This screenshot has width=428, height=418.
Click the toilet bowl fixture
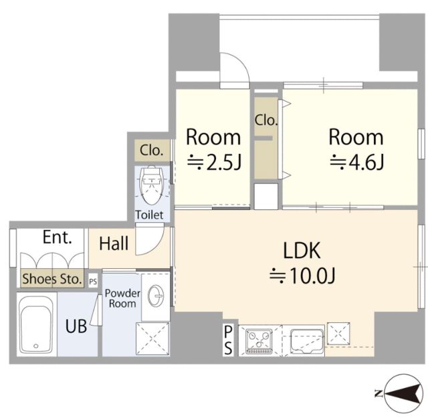click(x=152, y=185)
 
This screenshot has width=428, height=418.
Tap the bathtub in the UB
click(x=35, y=324)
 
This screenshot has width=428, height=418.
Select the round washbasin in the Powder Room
click(x=156, y=296)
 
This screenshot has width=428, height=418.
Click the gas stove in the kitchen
click(x=259, y=341)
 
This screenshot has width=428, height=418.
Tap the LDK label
click(x=302, y=250)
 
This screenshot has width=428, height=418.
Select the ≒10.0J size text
click(x=302, y=276)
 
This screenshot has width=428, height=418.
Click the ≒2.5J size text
click(x=214, y=162)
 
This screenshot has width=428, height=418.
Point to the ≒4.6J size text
click(x=357, y=162)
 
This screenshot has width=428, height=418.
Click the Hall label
click(x=114, y=243)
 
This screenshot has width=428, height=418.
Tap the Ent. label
click(x=58, y=237)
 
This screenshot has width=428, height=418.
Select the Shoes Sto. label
click(x=52, y=279)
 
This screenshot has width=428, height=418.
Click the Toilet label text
click(x=149, y=215)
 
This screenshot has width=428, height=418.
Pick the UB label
click(x=76, y=326)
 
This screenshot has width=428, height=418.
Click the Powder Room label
click(x=122, y=298)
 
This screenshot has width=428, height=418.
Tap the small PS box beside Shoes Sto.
click(x=93, y=282)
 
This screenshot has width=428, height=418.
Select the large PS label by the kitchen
click(x=228, y=340)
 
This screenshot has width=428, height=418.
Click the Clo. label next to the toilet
click(x=152, y=150)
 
